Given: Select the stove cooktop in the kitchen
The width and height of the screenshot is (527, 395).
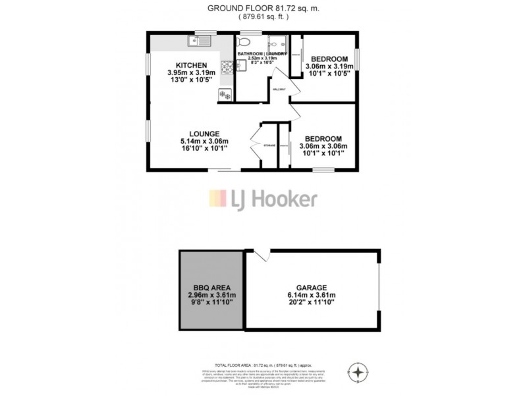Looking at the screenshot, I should tap(228, 66).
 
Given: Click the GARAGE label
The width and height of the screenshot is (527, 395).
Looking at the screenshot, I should tap(312, 287).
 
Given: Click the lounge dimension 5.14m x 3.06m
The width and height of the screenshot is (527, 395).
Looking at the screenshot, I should tap(204, 141).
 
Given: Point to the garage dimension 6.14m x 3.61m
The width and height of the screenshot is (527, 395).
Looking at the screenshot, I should tap(312, 295).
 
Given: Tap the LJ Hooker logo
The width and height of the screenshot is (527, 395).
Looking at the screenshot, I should tap(263, 198).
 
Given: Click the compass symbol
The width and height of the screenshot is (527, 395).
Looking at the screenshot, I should tap(358, 372).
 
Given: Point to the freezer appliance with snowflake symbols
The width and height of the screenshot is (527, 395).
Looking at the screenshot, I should tap(225, 93).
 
